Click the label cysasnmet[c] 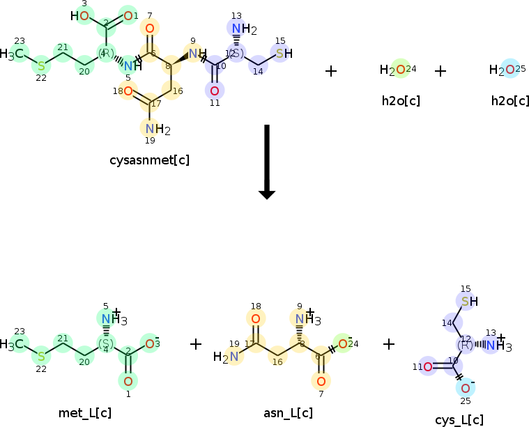[149, 160]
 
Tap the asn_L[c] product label [288, 413]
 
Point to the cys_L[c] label [459, 419]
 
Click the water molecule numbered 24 [393, 70]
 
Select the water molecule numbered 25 [503, 70]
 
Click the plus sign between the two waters [440, 71]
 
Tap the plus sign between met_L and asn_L [196, 343]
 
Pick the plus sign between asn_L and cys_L [389, 343]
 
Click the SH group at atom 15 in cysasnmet [283, 54]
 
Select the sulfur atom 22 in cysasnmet [41, 65]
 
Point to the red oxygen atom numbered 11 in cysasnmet [215, 91]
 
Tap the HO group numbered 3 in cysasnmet [81, 15]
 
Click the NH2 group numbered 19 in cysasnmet [158, 129]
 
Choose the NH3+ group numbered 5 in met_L [111, 320]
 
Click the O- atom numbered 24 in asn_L [343, 343]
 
